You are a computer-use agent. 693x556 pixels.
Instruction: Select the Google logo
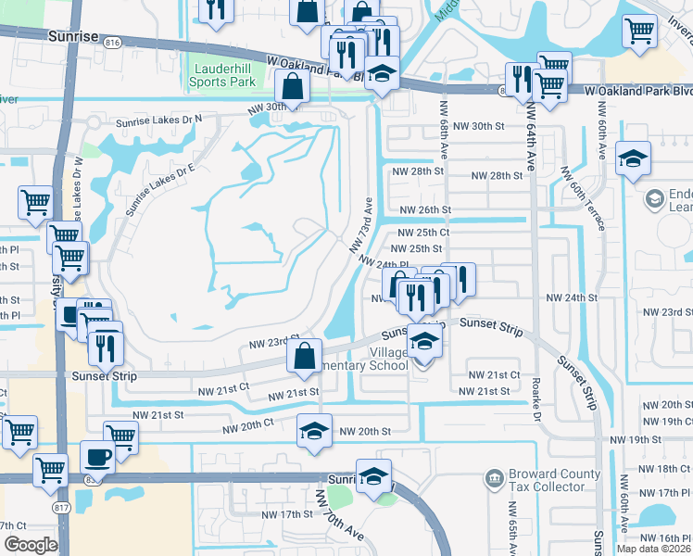[x=30, y=544]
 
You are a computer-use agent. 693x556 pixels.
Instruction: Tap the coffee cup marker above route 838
[x=97, y=456]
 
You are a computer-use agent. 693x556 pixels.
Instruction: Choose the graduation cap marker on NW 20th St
[x=314, y=431]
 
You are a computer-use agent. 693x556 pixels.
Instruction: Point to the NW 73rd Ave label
[x=360, y=224]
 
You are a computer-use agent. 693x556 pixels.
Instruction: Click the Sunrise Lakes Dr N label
[x=158, y=121]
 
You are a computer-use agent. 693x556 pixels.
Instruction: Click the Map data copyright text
[x=653, y=549]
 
